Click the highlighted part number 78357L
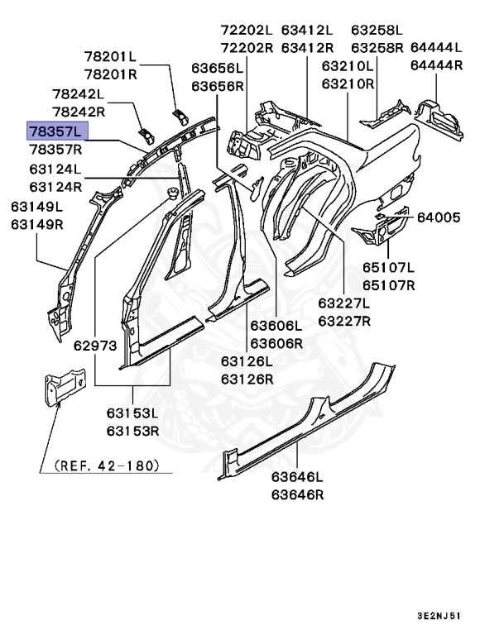click(55, 131)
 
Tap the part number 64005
click(438, 217)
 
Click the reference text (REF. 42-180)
click(106, 466)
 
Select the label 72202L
click(247, 29)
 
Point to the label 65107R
click(388, 286)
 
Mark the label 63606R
click(277, 342)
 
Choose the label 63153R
click(132, 430)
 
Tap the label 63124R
click(55, 187)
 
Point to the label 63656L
click(218, 68)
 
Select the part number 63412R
click(308, 47)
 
